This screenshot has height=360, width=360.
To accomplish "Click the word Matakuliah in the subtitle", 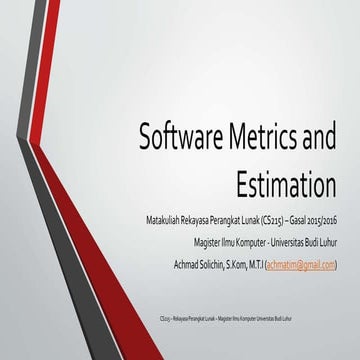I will point(165,219).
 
